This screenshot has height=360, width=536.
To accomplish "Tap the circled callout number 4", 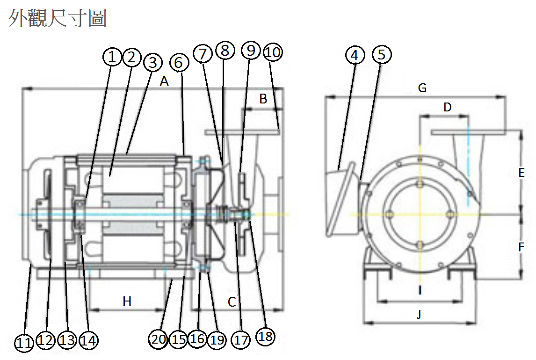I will click(355, 55).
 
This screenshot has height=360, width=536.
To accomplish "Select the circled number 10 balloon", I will click(273, 52).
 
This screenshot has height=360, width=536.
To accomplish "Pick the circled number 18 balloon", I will click(265, 336).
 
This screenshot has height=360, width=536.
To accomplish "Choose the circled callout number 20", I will click(159, 339).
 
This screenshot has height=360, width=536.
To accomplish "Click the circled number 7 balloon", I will click(203, 54).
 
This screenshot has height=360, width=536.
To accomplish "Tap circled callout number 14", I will click(88, 340).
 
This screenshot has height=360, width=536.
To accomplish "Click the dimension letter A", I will click(164, 81).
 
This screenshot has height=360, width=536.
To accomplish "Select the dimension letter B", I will click(263, 99).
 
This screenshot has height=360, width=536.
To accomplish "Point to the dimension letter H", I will click(127, 302).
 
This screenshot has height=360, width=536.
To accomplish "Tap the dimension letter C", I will click(232, 302).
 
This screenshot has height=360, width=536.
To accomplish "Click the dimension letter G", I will click(422, 88).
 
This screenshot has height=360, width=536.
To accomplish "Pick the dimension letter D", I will click(448, 107).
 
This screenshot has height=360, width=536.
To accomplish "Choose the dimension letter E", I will click(522, 173).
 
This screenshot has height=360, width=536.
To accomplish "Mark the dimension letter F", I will click(522, 246).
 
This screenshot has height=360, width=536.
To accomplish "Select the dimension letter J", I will click(419, 314).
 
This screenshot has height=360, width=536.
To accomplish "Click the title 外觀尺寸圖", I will click(58, 18).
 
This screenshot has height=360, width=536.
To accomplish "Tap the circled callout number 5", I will click(382, 55).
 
